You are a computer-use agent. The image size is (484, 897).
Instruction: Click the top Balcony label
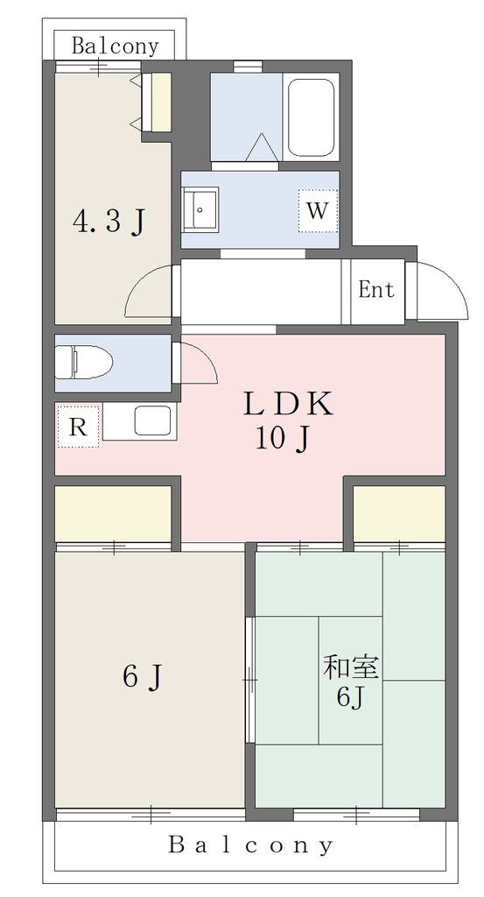tap(115, 46)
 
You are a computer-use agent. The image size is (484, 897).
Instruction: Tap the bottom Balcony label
tap(251, 845)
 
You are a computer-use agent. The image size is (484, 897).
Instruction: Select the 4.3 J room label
tap(109, 222)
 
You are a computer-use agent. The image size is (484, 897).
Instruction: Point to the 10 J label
tap(283, 439)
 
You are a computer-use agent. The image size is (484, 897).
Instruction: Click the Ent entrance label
tap(376, 289)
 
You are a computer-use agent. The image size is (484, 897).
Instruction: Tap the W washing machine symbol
tap(318, 211)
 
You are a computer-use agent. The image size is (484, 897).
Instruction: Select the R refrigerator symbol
tap(78, 427)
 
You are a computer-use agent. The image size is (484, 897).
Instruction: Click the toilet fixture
tap(84, 362)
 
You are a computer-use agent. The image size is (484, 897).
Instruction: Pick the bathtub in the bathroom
tap(311, 118)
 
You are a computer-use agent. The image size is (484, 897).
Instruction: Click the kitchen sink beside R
tap(152, 421)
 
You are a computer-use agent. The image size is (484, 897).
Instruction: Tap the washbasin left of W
tap(200, 210)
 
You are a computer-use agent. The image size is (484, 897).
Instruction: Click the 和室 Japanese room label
tap(352, 667)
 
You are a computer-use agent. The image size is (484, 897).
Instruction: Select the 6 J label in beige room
tap(144, 677)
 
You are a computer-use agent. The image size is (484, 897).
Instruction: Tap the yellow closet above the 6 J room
tap(113, 513)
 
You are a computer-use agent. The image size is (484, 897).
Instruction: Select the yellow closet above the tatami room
tap(399, 513)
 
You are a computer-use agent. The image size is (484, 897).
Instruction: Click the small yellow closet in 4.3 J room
tap(161, 102)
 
